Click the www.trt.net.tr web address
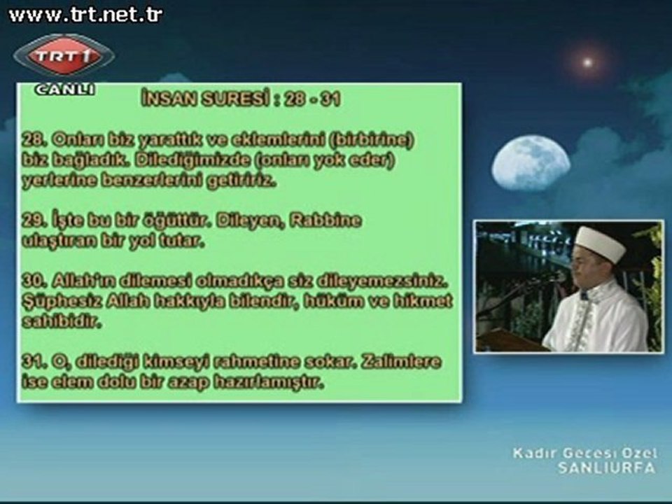point(85,15)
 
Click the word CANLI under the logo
point(64,89)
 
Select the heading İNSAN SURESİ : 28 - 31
point(240,99)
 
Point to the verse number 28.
point(31,140)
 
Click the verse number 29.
point(31,222)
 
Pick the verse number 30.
point(32,282)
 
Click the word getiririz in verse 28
point(241,181)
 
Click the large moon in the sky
point(531,162)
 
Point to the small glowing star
point(587,62)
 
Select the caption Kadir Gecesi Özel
point(585,454)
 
